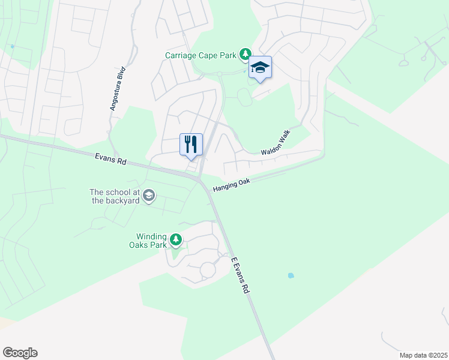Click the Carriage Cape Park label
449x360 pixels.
pyautogui.click(x=202, y=55)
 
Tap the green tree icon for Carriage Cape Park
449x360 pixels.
pyautogui.click(x=245, y=55)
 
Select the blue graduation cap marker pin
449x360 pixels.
pyautogui.click(x=260, y=68)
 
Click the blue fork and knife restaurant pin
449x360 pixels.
pyautogui.click(x=191, y=145)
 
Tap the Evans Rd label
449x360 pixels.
pyautogui.click(x=111, y=159)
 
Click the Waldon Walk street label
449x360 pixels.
pyautogui.click(x=276, y=143)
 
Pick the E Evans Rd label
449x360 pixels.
pyautogui.click(x=240, y=275)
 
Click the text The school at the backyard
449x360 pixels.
pyautogui.click(x=115, y=196)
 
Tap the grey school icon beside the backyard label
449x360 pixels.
pyautogui.click(x=149, y=196)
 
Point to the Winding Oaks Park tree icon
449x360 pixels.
pyautogui.click(x=175, y=241)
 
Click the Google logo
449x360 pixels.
pyautogui.click(x=20, y=353)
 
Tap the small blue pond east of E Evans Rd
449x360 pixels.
pyautogui.click(x=291, y=275)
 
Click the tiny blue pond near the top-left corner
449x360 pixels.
pyautogui.click(x=12, y=46)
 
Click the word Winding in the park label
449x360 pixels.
pyautogui.click(x=151, y=236)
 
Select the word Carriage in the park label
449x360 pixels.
pyautogui.click(x=182, y=55)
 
